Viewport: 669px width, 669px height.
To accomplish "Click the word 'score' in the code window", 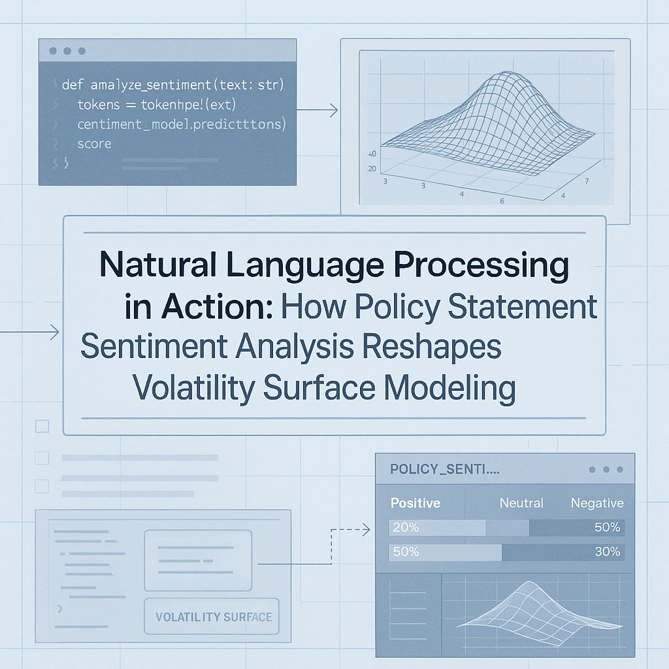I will pyautogui.click(x=94, y=143).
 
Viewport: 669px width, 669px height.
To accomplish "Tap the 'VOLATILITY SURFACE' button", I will pyautogui.click(x=214, y=616).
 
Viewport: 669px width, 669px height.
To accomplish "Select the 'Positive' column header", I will pyautogui.click(x=415, y=503).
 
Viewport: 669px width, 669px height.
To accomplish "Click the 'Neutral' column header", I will pyautogui.click(x=521, y=503).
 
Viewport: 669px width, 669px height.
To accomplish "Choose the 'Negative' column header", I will pyautogui.click(x=596, y=503).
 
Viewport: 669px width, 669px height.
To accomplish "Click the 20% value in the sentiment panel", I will pyautogui.click(x=405, y=527).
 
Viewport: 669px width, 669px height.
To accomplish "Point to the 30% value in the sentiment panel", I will pyautogui.click(x=607, y=551).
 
